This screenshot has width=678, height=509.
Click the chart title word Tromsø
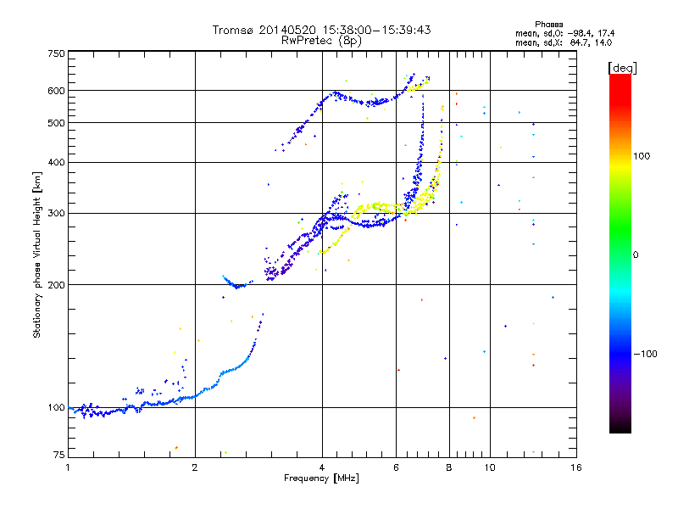[x=234, y=30]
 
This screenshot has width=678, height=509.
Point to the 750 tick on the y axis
[x=56, y=53]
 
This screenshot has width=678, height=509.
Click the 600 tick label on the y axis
[x=56, y=90]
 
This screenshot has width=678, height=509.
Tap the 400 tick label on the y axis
[x=56, y=162]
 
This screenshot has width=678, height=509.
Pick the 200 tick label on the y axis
[x=56, y=284]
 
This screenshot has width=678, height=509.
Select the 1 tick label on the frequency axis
[x=68, y=467]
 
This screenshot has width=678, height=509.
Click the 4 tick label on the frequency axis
[x=322, y=467]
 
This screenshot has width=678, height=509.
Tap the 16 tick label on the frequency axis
[x=575, y=467]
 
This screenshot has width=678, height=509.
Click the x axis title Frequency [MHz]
[x=321, y=479]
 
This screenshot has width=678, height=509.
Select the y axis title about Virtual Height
[x=37, y=255]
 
